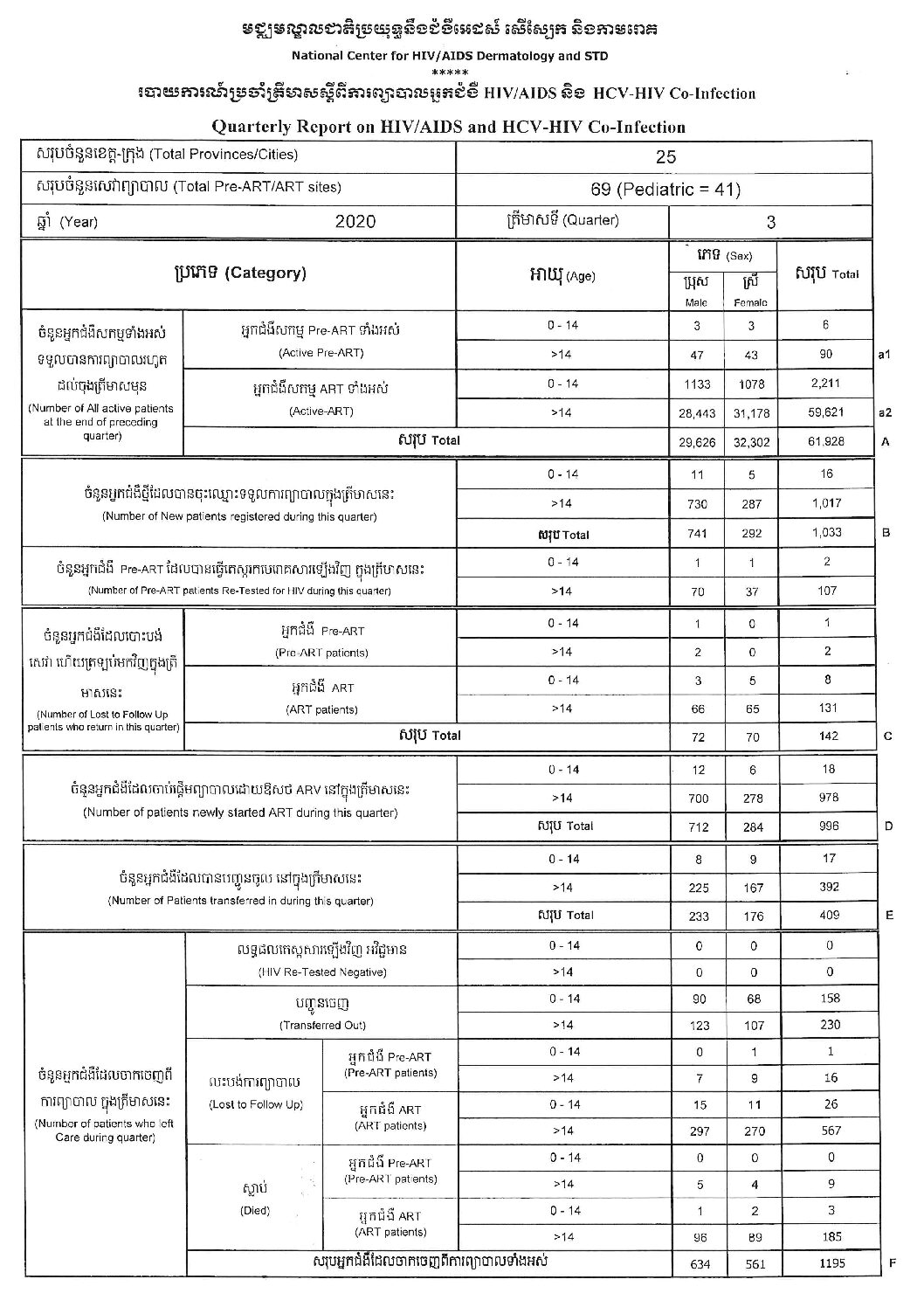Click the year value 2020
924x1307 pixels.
355,222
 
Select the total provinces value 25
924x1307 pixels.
665,157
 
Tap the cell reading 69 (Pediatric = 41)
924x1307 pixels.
665,190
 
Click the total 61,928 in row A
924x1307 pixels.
826,441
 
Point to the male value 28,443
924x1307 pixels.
697,413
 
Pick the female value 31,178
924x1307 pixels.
751,413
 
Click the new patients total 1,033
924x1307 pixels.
826,533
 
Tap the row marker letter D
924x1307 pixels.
888,826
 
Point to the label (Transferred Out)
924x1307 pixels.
322,1025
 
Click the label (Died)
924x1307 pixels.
255,1211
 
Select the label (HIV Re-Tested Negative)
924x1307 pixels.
322,972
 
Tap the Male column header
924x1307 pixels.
697,302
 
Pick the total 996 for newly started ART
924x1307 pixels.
829,826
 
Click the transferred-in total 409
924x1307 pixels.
829,915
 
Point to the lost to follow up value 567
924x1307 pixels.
831,1131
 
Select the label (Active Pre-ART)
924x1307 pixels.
321,353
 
